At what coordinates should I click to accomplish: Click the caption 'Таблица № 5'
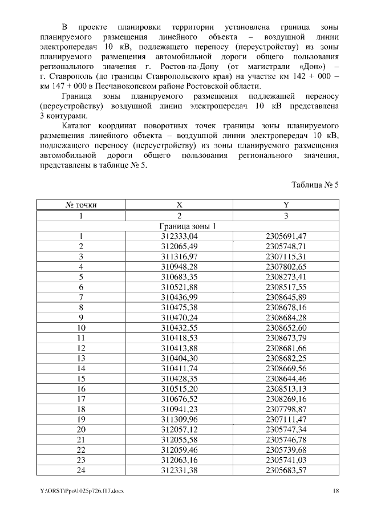pyautogui.click(x=315, y=185)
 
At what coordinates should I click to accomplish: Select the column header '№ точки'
pyautogui.click(x=80, y=205)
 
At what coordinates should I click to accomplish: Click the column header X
pyautogui.click(x=179, y=205)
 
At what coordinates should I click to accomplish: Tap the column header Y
pyautogui.click(x=286, y=205)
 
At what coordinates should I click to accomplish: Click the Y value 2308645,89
pyautogui.click(x=286, y=297)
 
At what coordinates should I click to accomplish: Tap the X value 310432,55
pyautogui.click(x=179, y=328)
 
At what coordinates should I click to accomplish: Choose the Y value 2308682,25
pyautogui.click(x=286, y=359)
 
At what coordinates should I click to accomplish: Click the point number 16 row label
pyautogui.click(x=80, y=389)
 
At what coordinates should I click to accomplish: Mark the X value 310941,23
pyautogui.click(x=179, y=410)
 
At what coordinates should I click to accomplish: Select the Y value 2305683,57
pyautogui.click(x=286, y=471)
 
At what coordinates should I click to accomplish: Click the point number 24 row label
pyautogui.click(x=80, y=471)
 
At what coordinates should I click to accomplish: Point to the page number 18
pyautogui.click(x=336, y=491)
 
